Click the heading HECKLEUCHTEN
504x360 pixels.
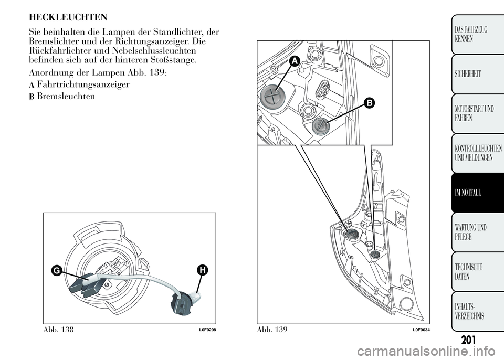click(68, 17)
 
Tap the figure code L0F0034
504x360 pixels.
click(421, 330)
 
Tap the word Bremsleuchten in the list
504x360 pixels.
click(66, 97)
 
